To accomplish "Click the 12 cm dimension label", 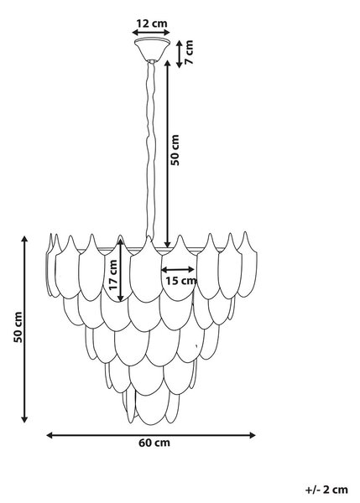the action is [x=152, y=23].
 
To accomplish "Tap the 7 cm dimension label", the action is [x=190, y=52].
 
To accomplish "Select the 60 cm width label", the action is [x=154, y=443].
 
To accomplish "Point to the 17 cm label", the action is [x=113, y=275].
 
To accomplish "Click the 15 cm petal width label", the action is [x=180, y=281].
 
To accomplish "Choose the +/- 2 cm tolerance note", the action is [x=326, y=490].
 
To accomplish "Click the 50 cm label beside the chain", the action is [x=175, y=150].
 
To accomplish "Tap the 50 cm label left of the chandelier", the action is [x=18, y=327].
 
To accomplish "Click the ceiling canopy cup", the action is [x=152, y=49].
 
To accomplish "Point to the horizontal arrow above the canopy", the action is [x=151, y=32].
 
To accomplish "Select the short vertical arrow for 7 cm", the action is [x=180, y=54].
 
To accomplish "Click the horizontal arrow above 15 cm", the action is [x=178, y=269].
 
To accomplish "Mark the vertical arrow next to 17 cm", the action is [x=120, y=271].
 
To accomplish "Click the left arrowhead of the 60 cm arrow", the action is [x=50, y=435].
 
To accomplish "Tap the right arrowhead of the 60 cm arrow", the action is [x=253, y=435].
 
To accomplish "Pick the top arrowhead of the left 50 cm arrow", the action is [x=24, y=239].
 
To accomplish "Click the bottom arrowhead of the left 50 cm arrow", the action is [x=24, y=419].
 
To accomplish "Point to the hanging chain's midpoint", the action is [x=150, y=150].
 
